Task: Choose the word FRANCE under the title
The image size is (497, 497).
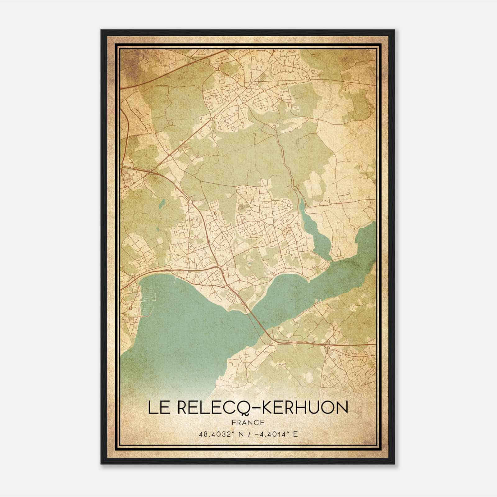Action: [x=248, y=422]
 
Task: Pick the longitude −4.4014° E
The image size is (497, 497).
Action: [x=275, y=434]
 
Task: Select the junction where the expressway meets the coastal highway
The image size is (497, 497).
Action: [x=219, y=267]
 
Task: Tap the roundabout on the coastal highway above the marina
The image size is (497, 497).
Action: [x=133, y=276]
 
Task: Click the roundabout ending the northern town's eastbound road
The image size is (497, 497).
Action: [x=310, y=80]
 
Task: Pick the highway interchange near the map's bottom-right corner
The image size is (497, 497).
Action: [x=328, y=344]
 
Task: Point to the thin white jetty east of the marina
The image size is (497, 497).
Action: [x=176, y=281]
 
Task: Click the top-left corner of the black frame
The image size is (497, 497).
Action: [x=101, y=30]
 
